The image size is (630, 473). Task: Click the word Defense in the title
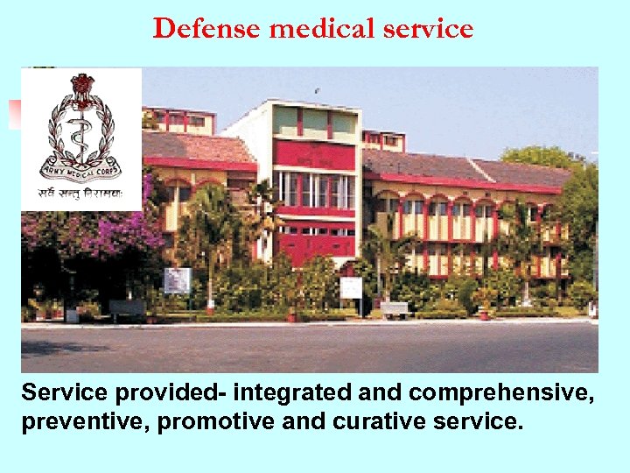(x=208, y=29)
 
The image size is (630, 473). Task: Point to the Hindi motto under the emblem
(x=80, y=194)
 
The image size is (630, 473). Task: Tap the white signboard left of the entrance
(x=177, y=280)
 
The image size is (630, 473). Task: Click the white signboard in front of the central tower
(x=351, y=287)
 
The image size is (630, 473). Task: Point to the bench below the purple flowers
(x=127, y=307)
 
